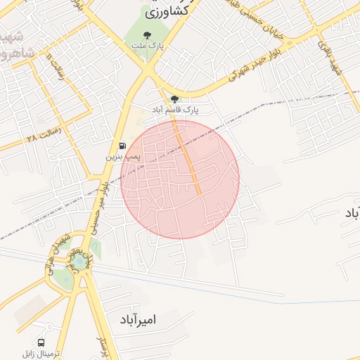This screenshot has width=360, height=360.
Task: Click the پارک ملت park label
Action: click(x=146, y=46)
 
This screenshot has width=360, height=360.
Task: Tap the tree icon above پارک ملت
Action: click(x=146, y=34)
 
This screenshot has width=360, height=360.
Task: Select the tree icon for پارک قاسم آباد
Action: click(x=174, y=99)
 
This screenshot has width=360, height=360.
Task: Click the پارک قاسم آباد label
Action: click(x=176, y=110)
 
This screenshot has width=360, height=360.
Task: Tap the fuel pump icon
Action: click(x=123, y=146)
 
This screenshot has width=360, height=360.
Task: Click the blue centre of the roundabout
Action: click(x=79, y=262)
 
